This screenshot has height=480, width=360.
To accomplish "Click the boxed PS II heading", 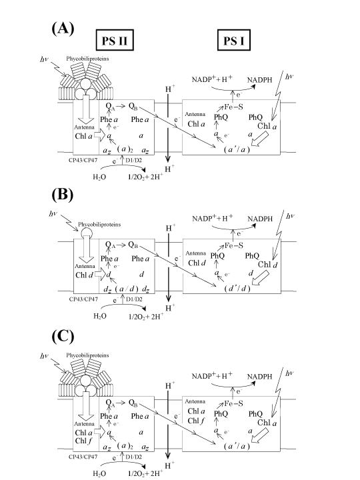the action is point(115,40).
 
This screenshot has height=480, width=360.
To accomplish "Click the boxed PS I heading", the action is point(234,40).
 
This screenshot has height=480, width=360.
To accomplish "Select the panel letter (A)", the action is point(63,29).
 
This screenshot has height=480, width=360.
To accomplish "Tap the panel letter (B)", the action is point(63,195).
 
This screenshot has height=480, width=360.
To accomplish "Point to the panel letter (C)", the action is point(63,337).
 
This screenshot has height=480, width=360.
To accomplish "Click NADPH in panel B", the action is point(260,219).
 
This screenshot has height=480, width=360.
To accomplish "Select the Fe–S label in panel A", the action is point(233,107).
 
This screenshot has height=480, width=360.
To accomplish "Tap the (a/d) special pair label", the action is point(127,289).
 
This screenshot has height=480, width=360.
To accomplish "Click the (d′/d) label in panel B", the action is point(237,289).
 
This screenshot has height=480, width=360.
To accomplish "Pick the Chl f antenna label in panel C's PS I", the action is point(195,421).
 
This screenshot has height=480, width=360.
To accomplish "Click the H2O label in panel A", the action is point(99,177).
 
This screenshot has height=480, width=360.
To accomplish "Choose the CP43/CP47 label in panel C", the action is point(83,457).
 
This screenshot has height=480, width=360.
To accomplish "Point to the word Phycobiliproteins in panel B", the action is point(99,225).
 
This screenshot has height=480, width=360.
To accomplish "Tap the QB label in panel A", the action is point(133,106).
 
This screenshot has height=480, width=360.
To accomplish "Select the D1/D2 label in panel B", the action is point(134,299).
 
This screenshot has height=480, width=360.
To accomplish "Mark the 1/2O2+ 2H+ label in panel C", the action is point(145,473).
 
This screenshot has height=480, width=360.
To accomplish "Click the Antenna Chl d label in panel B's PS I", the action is point(197,259).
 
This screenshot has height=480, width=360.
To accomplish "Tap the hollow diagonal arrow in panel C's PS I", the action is point(260,435).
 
